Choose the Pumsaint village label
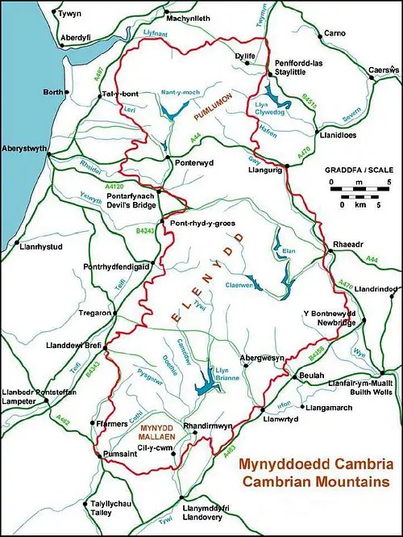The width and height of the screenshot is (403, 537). (x=121, y=456)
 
